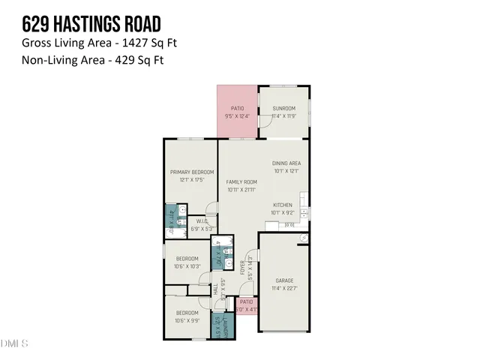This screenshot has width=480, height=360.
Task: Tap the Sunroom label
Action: [x=283, y=108]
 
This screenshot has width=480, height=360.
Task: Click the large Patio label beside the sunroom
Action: [x=236, y=108]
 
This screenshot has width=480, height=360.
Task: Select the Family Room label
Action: [x=241, y=181]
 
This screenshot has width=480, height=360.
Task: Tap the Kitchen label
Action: [x=282, y=205]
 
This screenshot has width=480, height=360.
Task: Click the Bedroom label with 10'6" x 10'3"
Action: [x=187, y=258]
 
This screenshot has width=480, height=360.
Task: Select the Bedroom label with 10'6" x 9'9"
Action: [x=187, y=312]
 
